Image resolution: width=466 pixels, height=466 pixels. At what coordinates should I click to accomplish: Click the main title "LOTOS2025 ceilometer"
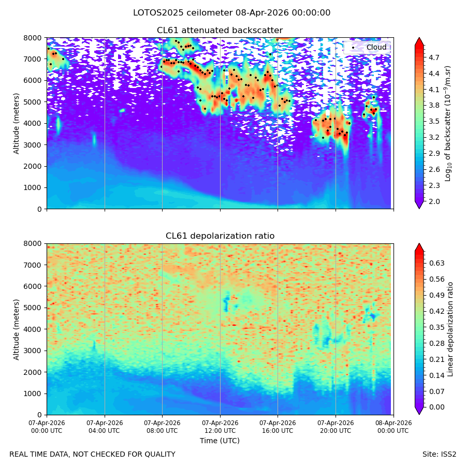tap(183, 13)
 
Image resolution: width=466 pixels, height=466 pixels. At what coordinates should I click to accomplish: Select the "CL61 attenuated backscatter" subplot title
tap(220, 31)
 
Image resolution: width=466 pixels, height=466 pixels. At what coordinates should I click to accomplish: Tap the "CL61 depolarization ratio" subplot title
tap(220, 236)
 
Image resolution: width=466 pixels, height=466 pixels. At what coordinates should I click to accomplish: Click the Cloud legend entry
tap(369, 47)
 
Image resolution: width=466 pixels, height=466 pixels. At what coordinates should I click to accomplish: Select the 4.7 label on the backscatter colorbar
tap(434, 57)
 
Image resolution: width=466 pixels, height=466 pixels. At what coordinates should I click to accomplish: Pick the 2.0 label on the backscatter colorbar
tap(434, 201)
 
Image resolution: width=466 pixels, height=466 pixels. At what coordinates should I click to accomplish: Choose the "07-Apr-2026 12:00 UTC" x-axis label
tap(220, 427)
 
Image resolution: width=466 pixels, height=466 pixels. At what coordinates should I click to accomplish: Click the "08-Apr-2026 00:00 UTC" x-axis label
tap(394, 427)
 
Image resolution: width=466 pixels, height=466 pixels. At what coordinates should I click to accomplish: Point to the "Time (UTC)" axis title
tap(220, 441)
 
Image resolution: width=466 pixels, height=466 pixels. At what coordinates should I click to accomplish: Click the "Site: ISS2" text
tap(439, 454)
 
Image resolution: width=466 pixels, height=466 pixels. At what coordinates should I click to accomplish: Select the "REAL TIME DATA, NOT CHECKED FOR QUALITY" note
tap(93, 455)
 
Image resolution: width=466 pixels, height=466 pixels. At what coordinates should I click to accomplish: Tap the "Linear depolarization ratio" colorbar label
tap(450, 329)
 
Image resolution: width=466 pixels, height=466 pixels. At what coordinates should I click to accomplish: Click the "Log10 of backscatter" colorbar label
tap(447, 123)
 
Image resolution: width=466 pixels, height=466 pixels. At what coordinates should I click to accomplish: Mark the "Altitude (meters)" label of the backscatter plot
tap(16, 123)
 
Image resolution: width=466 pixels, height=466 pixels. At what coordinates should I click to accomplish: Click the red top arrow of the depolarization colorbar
tap(419, 247)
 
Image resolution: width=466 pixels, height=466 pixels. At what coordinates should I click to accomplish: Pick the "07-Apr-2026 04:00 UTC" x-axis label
tap(105, 427)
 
